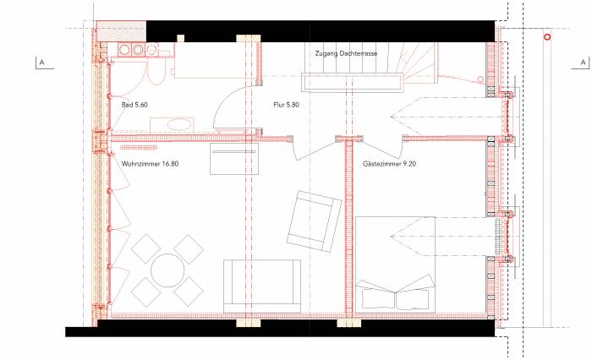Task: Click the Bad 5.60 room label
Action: tap(134, 105)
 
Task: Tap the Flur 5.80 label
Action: tap(286, 105)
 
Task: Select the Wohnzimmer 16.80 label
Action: tap(150, 164)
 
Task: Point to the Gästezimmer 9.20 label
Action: tap(389, 164)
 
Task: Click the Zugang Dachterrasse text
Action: tap(346, 53)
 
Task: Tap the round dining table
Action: tap(167, 270)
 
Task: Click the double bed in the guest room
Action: tap(395, 265)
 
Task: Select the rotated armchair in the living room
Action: tap(315, 221)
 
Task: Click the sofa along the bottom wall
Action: tap(262, 286)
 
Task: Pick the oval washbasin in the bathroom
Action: tap(178, 124)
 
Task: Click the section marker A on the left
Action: tap(41, 63)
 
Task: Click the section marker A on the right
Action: tap(584, 63)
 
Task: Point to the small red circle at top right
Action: tap(546, 37)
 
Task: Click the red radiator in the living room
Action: tap(139, 148)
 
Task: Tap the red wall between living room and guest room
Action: tap(348, 226)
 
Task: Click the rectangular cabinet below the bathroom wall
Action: tap(234, 159)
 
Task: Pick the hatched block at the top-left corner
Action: tap(121, 31)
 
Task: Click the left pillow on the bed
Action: tap(378, 297)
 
